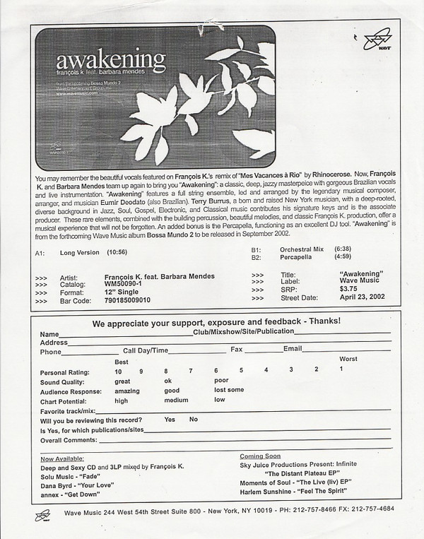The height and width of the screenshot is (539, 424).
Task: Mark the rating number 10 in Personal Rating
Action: [x=119, y=370]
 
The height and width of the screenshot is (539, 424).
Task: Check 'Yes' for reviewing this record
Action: [x=170, y=419]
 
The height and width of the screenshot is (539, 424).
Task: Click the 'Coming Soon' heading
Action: [x=260, y=456]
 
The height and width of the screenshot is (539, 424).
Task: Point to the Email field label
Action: [x=293, y=350]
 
